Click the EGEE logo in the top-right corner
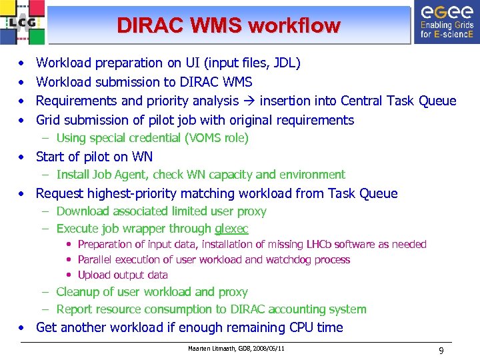(446, 21)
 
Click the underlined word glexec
(231, 229)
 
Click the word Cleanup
(79, 292)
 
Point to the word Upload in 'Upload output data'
(95, 275)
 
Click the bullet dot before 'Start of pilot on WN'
(23, 157)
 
